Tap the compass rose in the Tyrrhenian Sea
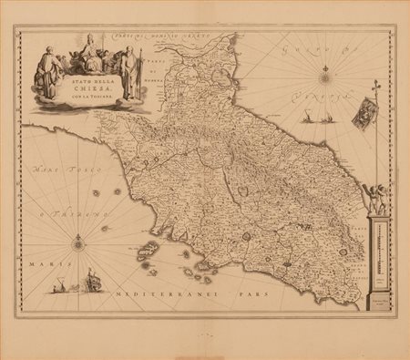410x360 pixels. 77,242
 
